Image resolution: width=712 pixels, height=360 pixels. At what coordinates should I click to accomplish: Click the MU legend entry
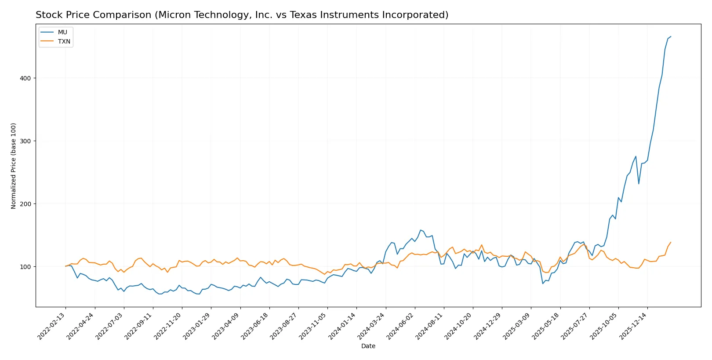62,32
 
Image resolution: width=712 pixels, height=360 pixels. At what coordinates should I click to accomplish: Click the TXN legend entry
64,41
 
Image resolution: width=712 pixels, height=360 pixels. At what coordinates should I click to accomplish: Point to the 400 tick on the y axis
25,78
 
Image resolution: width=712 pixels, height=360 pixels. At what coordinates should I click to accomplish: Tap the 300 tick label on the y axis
25,141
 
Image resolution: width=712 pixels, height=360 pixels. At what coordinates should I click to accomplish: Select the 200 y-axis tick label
25,204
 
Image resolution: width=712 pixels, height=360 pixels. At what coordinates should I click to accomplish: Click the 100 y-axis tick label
25,267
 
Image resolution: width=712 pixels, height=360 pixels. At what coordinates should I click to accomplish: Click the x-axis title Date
368,346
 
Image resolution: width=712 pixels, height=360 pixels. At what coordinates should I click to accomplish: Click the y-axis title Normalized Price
14,166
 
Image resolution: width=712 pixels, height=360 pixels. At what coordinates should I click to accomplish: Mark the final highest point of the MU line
671,36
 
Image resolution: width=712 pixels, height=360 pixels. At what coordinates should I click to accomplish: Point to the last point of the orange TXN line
671,242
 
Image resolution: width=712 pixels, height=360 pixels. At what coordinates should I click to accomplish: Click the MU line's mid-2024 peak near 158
421,230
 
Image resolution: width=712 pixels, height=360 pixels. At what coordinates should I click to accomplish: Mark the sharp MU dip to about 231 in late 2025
639,184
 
